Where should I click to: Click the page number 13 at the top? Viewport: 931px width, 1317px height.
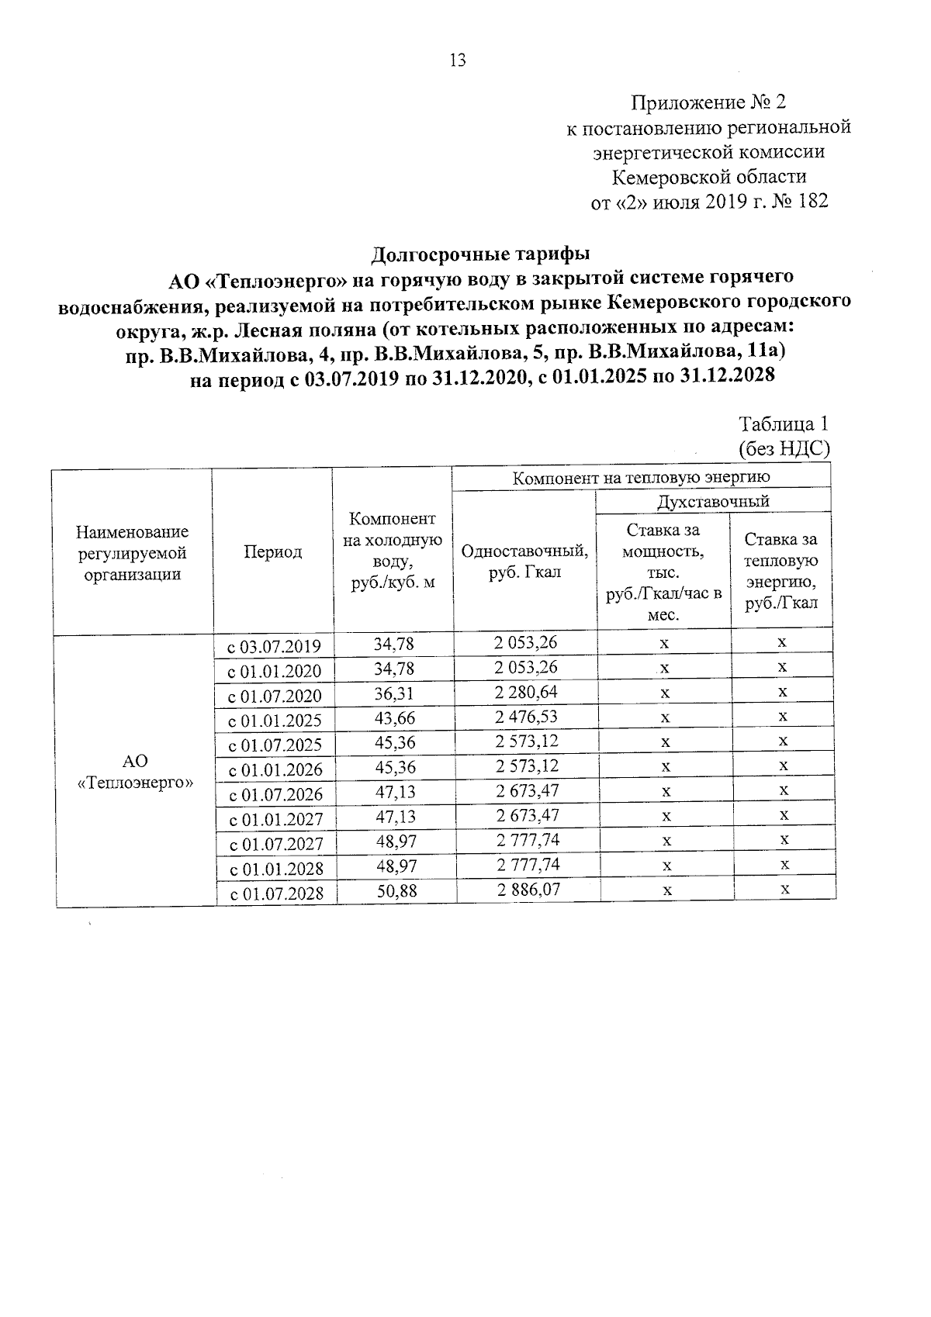(x=457, y=60)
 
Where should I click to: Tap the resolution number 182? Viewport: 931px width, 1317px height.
(x=811, y=202)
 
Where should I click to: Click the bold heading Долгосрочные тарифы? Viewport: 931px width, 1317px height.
(x=481, y=254)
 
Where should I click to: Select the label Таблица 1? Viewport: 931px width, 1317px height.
(x=784, y=424)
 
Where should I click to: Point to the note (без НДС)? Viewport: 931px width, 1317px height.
(x=784, y=448)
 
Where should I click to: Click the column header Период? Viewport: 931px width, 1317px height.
(x=273, y=552)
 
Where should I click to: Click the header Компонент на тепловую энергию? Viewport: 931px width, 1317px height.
(x=641, y=478)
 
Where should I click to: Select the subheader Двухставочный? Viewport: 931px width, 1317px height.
(x=713, y=501)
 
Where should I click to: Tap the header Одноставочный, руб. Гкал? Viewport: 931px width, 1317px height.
(x=524, y=562)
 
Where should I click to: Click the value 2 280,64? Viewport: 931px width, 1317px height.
(x=527, y=692)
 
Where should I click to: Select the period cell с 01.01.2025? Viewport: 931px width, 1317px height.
(x=274, y=721)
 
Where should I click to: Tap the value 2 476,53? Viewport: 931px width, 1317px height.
(x=527, y=717)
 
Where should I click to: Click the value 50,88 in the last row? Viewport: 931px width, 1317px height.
(x=396, y=891)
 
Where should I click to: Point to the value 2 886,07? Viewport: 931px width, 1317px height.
(x=528, y=890)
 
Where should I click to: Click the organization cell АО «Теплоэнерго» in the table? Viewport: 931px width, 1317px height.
(x=136, y=771)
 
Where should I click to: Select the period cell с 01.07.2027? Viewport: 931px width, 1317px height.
(x=275, y=844)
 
